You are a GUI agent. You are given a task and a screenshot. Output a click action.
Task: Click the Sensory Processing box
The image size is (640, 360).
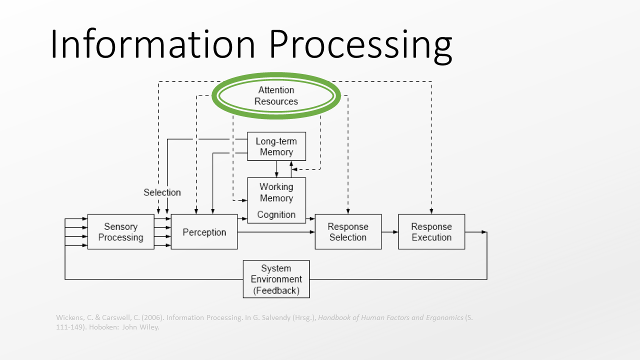(x=120, y=232)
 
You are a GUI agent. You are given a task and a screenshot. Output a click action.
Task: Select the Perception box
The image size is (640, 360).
(x=204, y=232)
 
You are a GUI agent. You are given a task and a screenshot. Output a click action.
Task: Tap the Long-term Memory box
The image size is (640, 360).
(x=276, y=146)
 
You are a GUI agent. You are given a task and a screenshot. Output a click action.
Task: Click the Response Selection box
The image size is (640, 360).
(x=347, y=232)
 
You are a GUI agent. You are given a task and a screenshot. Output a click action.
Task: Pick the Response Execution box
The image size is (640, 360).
(x=431, y=232)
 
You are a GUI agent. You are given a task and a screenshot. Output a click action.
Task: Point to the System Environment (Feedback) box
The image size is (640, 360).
(x=276, y=279)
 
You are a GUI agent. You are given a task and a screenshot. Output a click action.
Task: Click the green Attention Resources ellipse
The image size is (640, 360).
(x=276, y=95)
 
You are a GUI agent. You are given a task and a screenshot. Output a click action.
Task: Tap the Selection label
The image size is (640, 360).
(x=162, y=192)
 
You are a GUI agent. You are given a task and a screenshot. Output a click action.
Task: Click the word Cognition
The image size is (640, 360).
(x=276, y=214)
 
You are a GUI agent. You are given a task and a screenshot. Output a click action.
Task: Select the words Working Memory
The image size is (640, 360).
(x=276, y=192)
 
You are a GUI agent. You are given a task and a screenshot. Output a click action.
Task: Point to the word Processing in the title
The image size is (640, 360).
(x=360, y=44)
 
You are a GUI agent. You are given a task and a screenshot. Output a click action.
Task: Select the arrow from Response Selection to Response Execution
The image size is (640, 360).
(x=390, y=232)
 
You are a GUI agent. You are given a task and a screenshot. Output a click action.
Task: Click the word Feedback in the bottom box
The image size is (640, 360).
(x=276, y=290)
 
